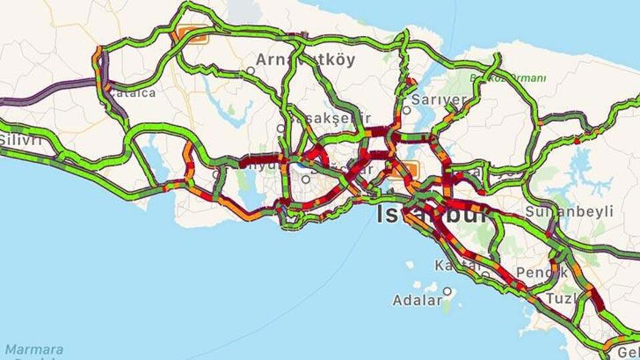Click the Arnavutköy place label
point(305,59)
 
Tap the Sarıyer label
point(439,100)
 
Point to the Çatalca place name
point(132,93)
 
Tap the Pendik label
point(541,272)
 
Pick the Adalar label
point(417,300)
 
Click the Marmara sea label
point(34,350)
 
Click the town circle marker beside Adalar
point(448,291)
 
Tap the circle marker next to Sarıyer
point(407,110)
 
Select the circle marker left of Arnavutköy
point(251,70)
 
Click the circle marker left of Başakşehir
point(281,128)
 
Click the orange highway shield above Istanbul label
point(404,169)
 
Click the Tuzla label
point(561,298)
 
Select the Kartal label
point(456,265)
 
